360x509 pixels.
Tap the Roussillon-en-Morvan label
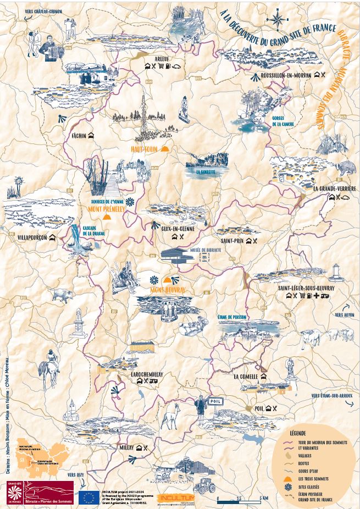tap(286, 75)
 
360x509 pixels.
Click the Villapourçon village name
tap(27, 237)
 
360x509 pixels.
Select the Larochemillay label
tap(147, 374)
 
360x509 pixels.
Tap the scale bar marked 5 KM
tap(239, 499)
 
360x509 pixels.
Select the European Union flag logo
tap(89, 497)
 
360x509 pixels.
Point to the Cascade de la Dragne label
tap(92, 230)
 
